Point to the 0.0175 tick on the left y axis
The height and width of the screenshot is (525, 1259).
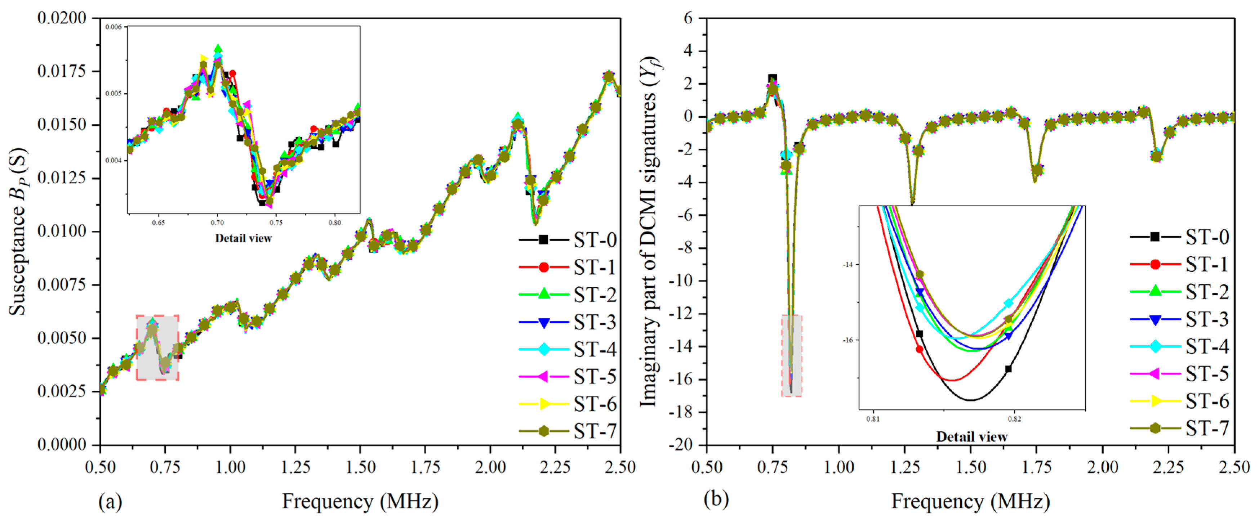click(x=62, y=71)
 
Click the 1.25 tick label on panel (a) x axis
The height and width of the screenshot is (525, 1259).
click(x=295, y=467)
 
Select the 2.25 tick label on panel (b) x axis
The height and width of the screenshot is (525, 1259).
click(x=1169, y=467)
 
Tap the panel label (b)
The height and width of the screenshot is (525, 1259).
click(x=716, y=499)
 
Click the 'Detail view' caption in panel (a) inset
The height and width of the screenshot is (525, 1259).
click(x=243, y=238)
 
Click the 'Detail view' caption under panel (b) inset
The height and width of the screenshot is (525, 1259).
click(x=971, y=437)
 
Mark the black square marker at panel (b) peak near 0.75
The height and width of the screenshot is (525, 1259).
click(x=772, y=78)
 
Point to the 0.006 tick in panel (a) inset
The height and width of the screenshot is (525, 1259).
click(x=114, y=27)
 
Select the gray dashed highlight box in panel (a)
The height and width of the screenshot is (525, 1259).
click(x=157, y=348)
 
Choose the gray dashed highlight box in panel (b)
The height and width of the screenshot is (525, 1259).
click(x=792, y=355)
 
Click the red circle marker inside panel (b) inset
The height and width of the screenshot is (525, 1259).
click(x=919, y=349)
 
